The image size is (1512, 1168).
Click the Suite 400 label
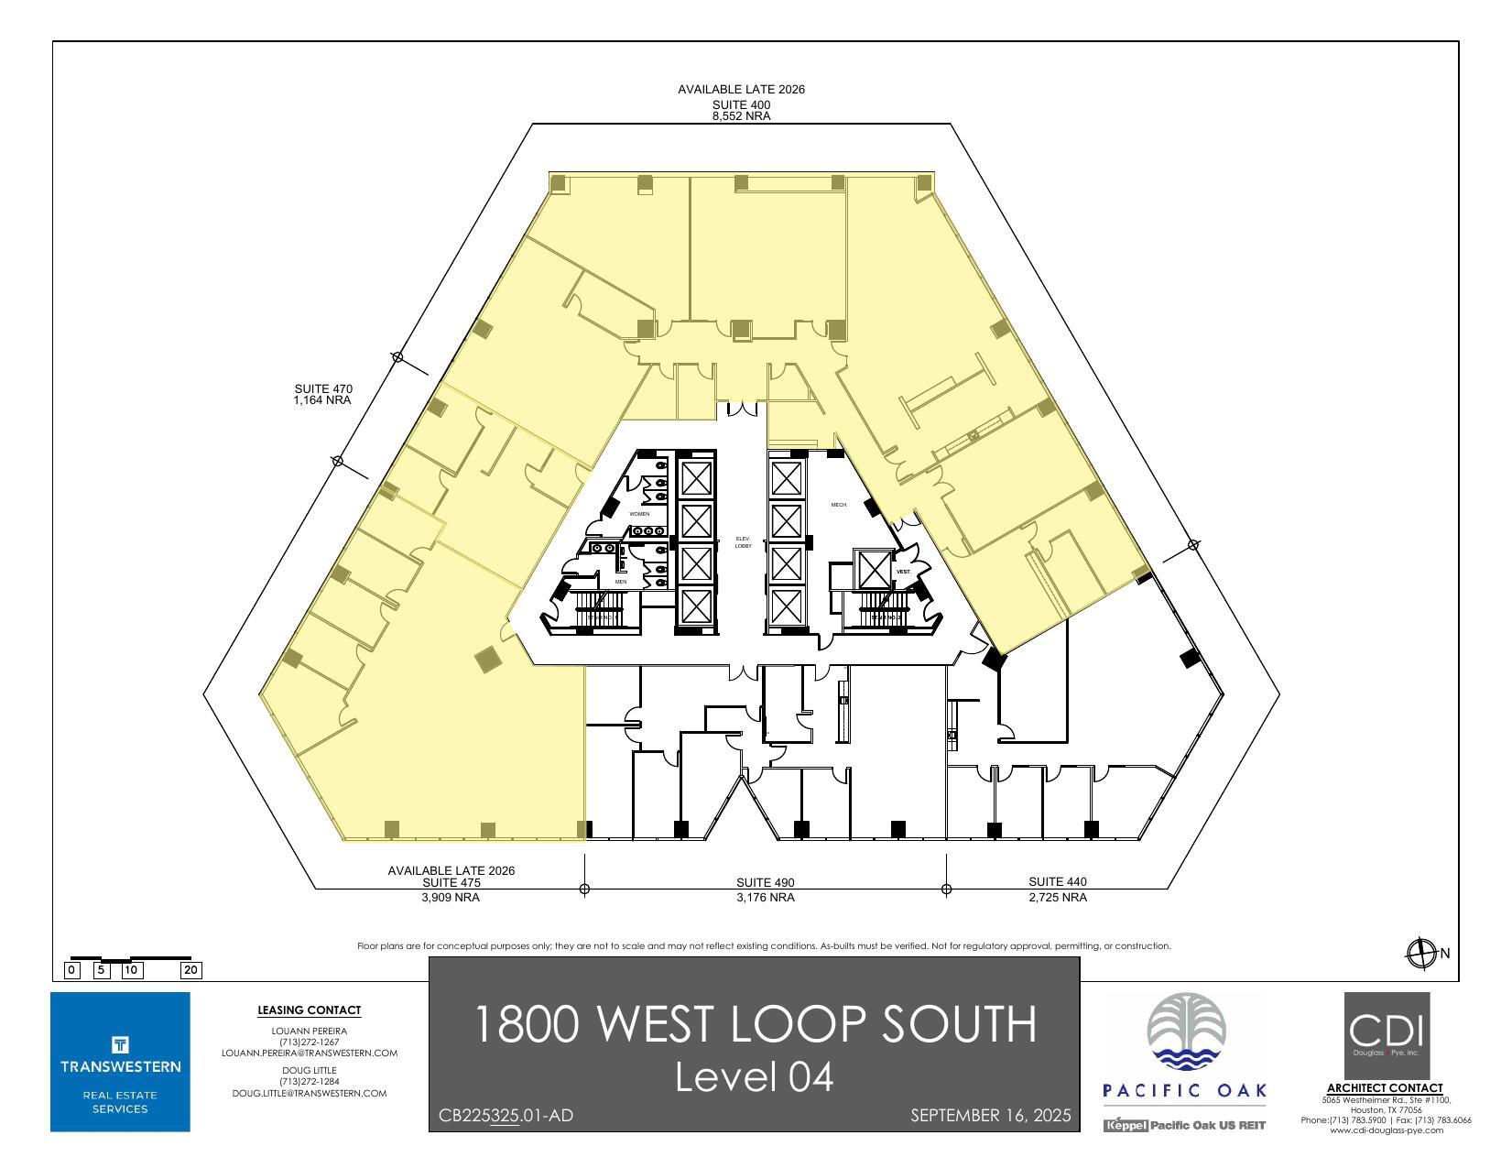pos(741,104)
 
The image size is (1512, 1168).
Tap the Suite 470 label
pos(322,389)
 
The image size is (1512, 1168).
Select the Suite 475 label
pos(451,883)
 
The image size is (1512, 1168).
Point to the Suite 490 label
pos(765,883)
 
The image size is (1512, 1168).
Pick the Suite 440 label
pos(1057,882)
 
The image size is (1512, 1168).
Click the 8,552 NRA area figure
pos(741,116)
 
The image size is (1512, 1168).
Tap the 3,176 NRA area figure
pos(765,898)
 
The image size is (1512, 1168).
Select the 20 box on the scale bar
pos(191,970)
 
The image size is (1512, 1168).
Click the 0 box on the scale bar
pos(72,970)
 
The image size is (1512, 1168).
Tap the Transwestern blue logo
pos(120,1062)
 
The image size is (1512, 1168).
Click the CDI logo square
pos(1386,1035)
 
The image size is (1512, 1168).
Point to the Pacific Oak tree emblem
pos(1185,1032)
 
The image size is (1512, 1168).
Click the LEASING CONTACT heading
pos(309,1010)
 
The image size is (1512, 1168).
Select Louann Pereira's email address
pos(309,1053)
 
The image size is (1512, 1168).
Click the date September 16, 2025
pos(990,1116)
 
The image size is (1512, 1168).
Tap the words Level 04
pos(754,1077)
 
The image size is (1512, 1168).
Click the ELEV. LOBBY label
pos(743,542)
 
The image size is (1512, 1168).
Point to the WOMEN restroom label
pos(638,514)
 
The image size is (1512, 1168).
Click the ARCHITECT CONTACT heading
pos(1385,1088)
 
